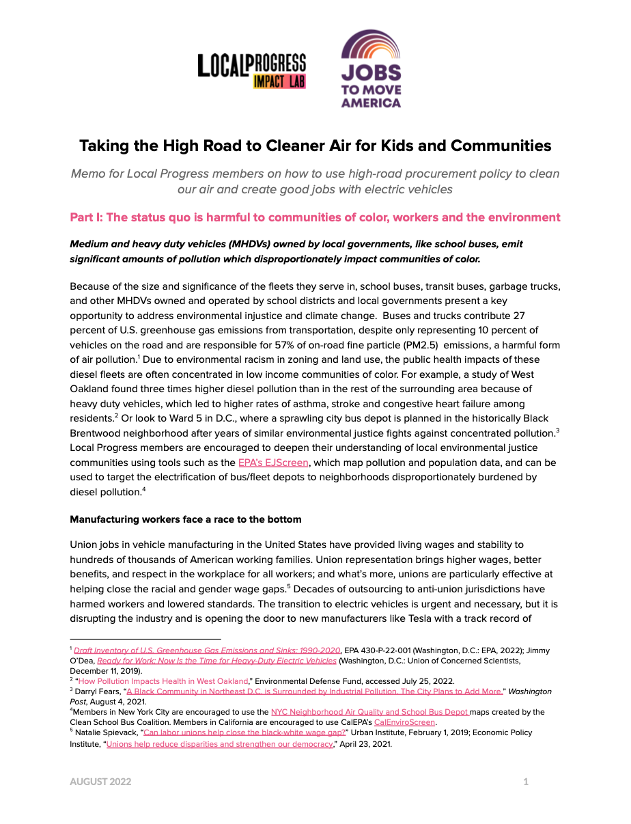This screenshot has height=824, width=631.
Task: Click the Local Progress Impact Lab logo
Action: pos(251,71)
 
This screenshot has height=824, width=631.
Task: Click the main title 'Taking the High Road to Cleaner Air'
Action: pos(315,146)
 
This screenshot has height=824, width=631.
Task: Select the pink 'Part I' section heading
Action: pos(315,217)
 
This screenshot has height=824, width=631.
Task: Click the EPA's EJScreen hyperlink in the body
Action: pos(273,463)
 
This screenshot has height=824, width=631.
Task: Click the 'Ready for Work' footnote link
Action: pos(216,661)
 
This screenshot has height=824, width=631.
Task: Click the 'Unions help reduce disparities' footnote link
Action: pos(219,743)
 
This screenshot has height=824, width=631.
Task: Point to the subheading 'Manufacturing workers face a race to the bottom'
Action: pos(185,519)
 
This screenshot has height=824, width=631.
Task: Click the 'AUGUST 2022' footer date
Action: pos(100,782)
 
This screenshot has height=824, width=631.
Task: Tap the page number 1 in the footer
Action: pos(526,782)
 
